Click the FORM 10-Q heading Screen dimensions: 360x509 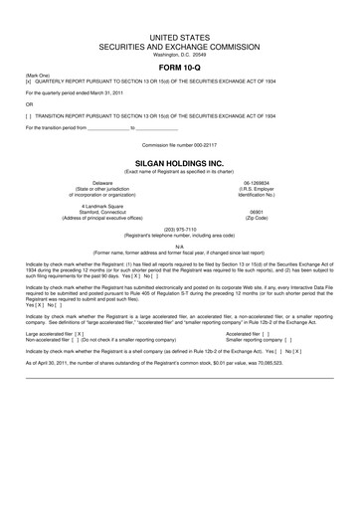pyautogui.click(x=179, y=68)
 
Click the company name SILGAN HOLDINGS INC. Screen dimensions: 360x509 pyautogui.click(x=179, y=158)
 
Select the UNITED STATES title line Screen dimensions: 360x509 pyautogui.click(x=179, y=37)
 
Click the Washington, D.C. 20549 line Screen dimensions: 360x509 pyautogui.click(x=179, y=55)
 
